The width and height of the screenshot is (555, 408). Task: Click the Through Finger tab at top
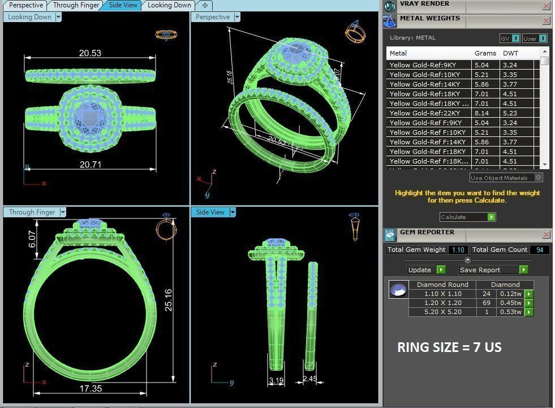[x=76, y=5]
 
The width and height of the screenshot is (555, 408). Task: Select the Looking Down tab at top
[x=169, y=5]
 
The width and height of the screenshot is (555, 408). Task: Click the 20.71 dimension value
[x=90, y=164]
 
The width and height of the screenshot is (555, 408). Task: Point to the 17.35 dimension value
[x=91, y=388]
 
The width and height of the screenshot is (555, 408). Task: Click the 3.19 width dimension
[x=276, y=380]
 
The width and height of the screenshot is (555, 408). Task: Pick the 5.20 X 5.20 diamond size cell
[x=442, y=312]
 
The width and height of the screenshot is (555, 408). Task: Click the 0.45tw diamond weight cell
[x=510, y=303]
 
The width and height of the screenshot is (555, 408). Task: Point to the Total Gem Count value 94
[x=539, y=250]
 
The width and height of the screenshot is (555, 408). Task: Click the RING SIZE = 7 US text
[x=449, y=347]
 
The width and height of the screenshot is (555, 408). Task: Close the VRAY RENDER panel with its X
[x=546, y=6]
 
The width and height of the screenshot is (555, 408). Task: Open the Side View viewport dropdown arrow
[x=233, y=212]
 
